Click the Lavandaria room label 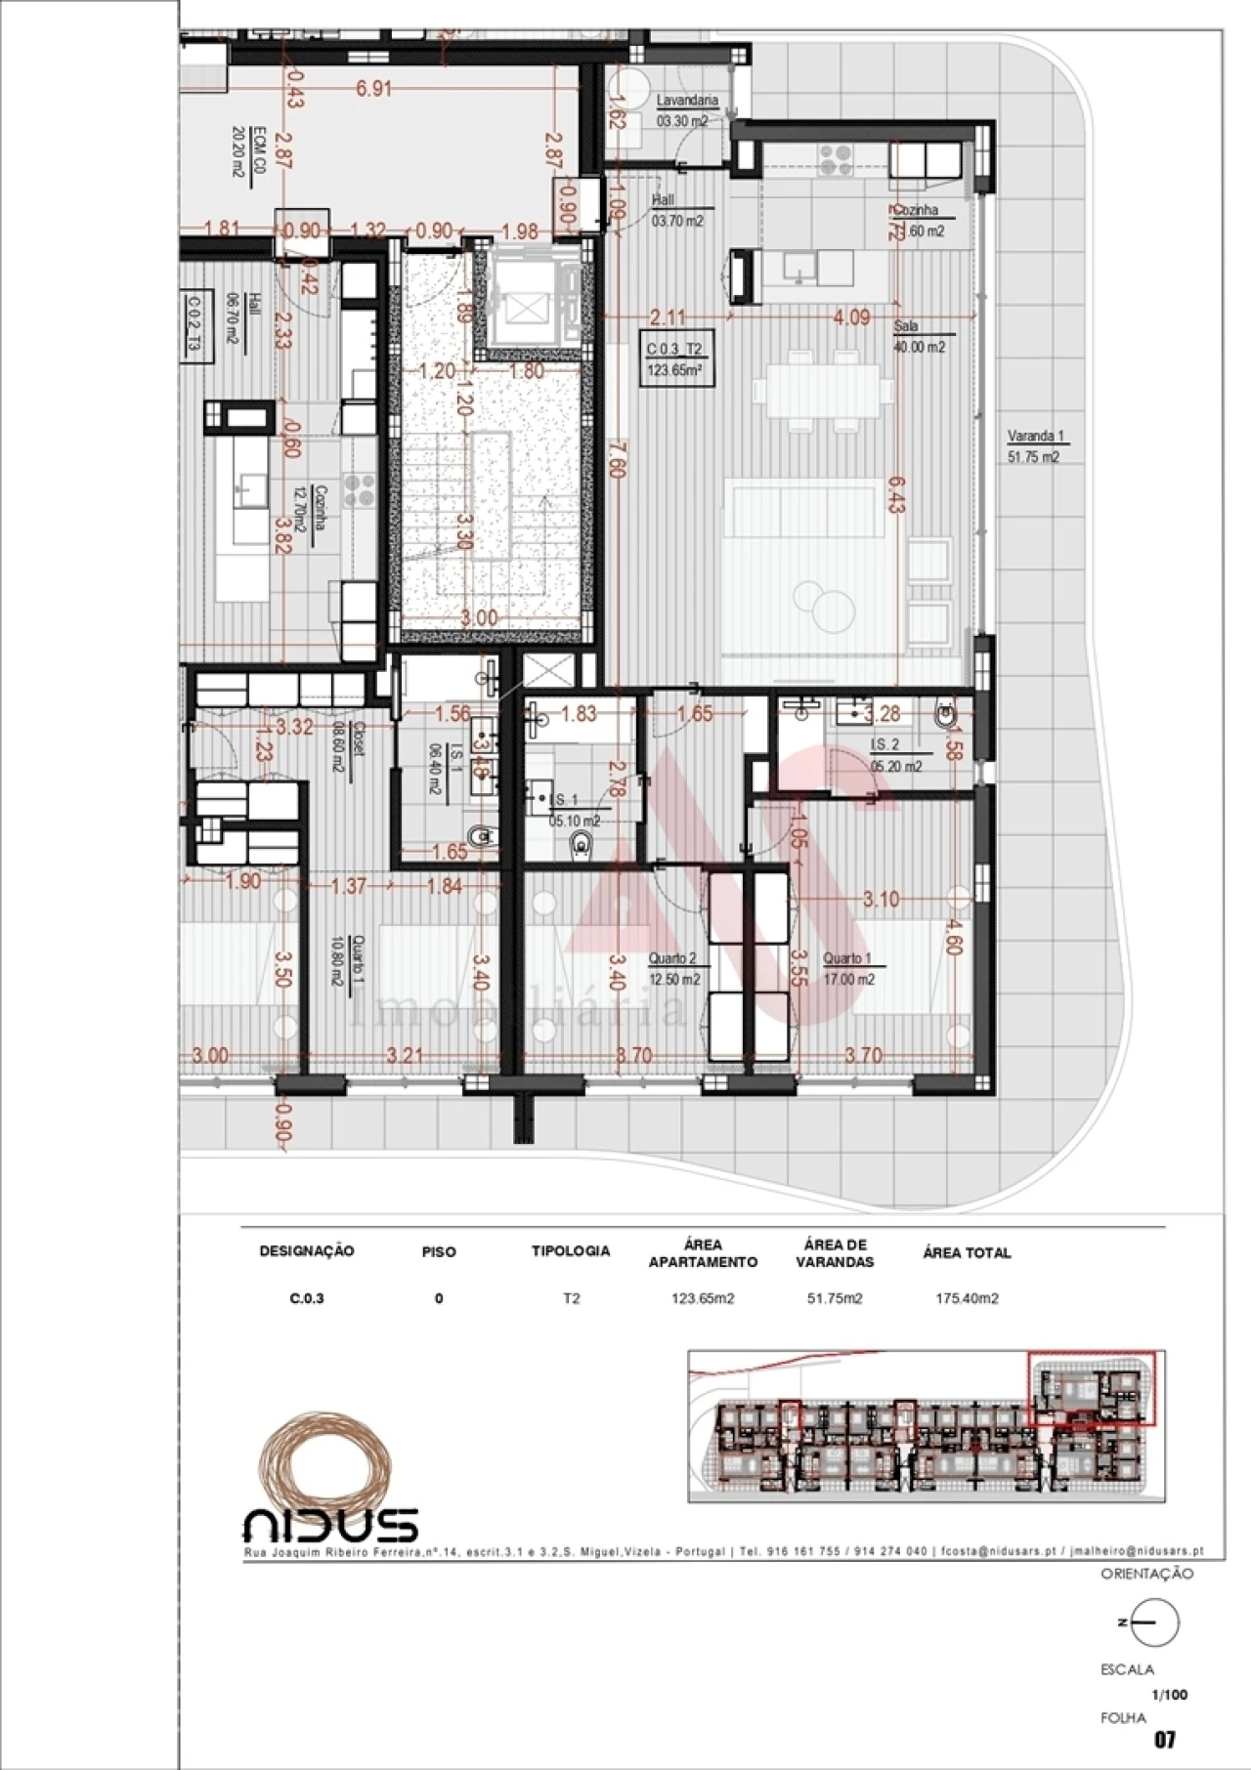point(686,101)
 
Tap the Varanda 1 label point(1035,437)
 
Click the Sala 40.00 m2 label point(919,337)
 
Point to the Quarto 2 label point(673,959)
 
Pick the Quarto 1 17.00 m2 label point(847,968)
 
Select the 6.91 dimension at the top point(373,89)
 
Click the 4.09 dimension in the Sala point(851,317)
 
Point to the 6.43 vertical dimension point(897,493)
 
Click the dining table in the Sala point(823,391)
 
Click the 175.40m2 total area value point(966,1298)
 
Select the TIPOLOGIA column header point(571,1250)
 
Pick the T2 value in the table point(571,1298)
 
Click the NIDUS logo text point(330,1525)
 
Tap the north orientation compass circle point(1155,1622)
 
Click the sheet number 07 point(1164,1739)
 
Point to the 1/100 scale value point(1169,1695)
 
